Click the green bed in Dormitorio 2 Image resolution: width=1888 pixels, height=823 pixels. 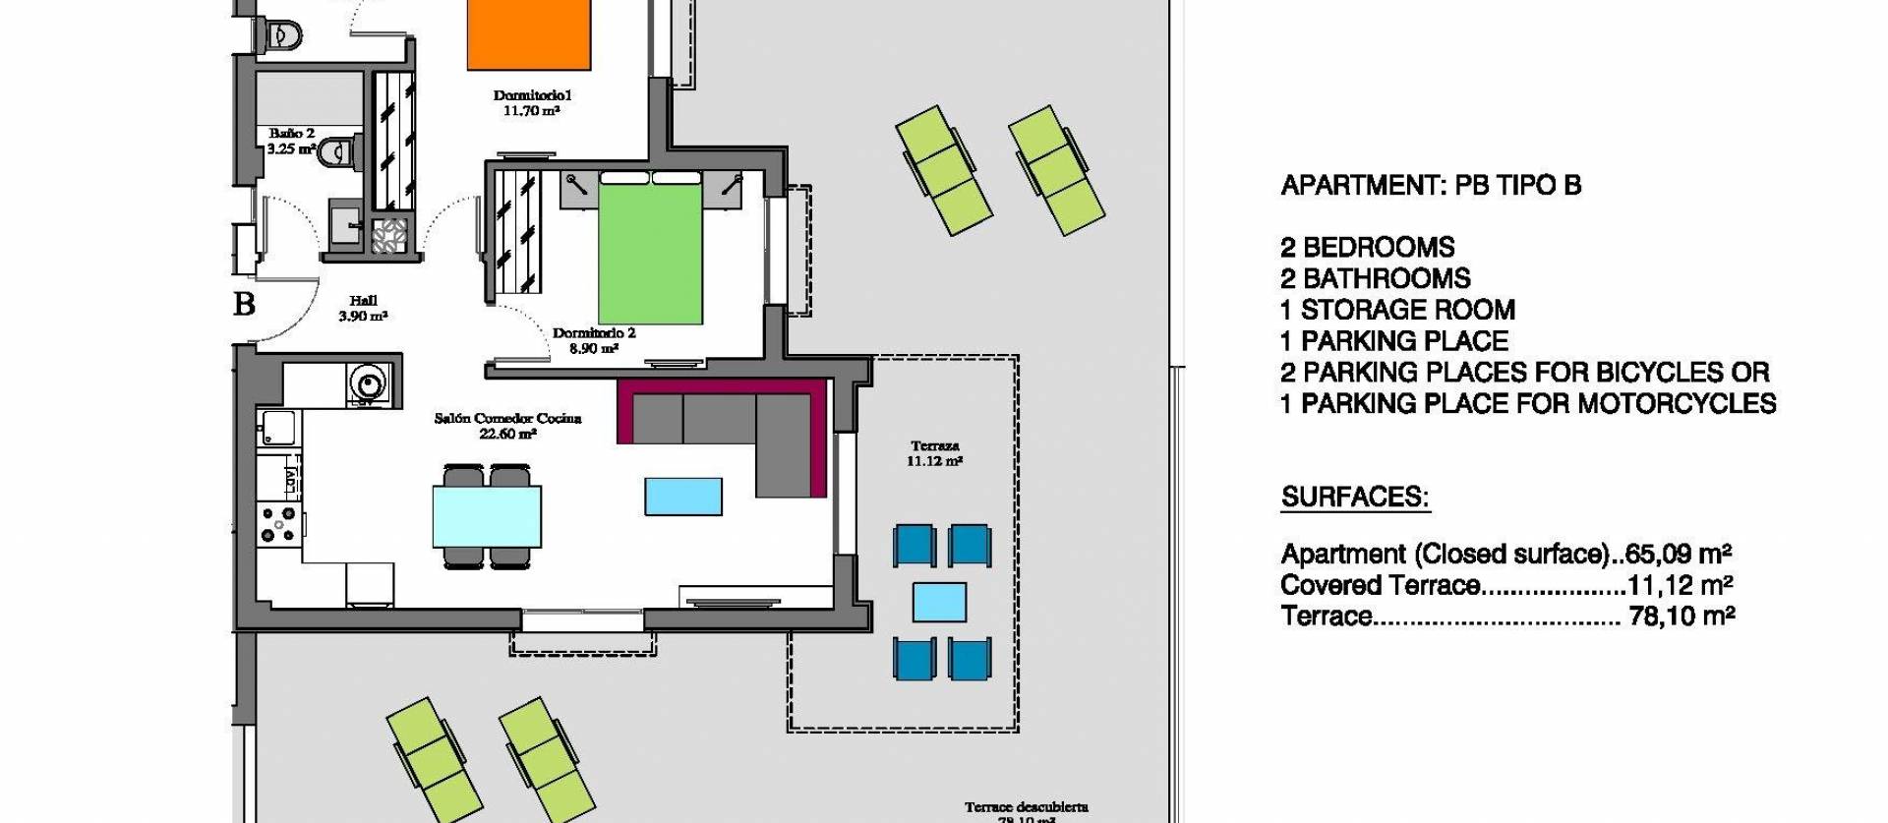click(650, 254)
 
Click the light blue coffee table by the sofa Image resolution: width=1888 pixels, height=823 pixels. click(683, 497)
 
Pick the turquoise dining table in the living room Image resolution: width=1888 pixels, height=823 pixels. click(487, 517)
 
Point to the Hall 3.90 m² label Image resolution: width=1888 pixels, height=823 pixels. click(363, 309)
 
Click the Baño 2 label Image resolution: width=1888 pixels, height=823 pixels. click(291, 134)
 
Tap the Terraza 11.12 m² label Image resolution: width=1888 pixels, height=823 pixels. click(934, 453)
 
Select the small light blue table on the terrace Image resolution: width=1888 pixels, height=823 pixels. click(939, 602)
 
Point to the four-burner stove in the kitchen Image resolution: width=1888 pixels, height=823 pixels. click(277, 523)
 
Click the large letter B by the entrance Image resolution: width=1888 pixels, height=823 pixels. click(244, 304)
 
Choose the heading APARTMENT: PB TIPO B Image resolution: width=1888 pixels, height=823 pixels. click(1431, 186)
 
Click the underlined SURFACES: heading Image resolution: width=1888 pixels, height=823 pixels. click(1354, 498)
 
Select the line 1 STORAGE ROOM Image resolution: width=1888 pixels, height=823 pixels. click(1397, 310)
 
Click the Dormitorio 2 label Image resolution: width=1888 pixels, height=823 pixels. click(594, 333)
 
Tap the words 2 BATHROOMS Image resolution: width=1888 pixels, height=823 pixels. click(1375, 278)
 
